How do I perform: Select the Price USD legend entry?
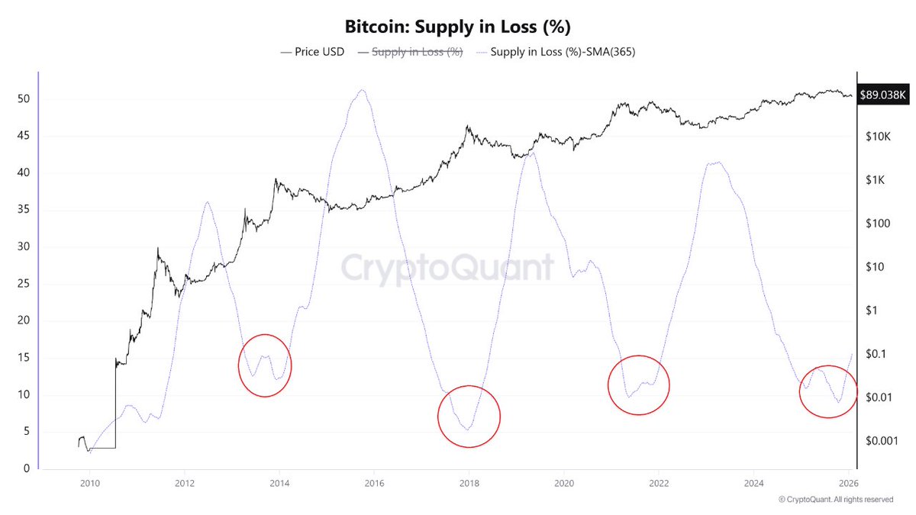(312, 53)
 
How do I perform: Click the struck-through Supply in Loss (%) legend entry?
(416, 53)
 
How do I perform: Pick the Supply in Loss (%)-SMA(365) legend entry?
(555, 53)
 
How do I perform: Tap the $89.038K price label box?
(882, 96)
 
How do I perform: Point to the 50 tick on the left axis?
(23, 99)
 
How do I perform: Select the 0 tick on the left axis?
(26, 468)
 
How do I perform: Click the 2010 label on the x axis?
(89, 483)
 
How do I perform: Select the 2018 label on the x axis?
(469, 483)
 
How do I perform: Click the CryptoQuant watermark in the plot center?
(447, 268)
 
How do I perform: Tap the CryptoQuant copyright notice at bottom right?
(836, 500)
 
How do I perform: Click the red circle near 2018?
(469, 417)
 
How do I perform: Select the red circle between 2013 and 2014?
(265, 365)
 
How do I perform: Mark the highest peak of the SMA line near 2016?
(362, 89)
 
